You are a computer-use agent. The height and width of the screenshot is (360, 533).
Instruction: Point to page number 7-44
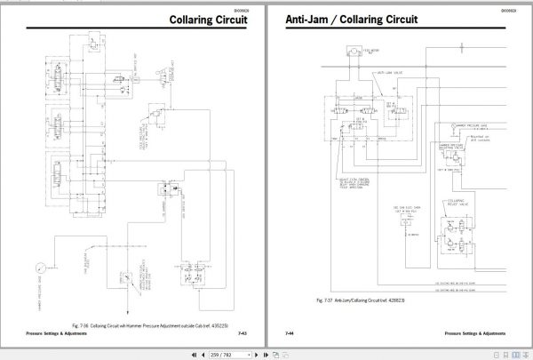[x=290, y=333]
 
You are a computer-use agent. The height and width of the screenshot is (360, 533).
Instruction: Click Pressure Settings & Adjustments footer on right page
[x=483, y=333]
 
